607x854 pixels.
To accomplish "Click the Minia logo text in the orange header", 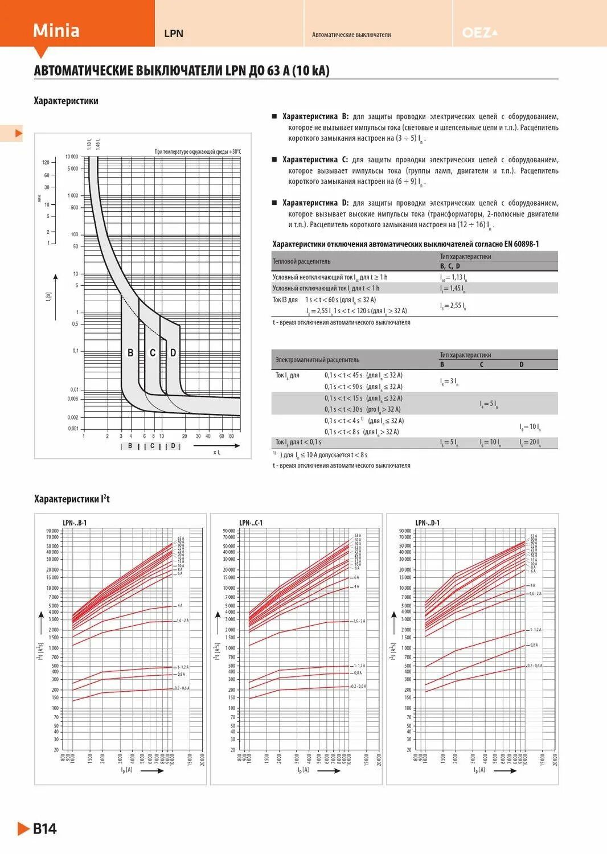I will point(56,30).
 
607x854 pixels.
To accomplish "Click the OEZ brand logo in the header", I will point(479,33).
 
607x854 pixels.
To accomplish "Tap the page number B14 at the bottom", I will point(44,828).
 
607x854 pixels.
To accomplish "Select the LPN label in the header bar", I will point(174,34).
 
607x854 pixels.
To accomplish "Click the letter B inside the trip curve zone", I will point(130,353).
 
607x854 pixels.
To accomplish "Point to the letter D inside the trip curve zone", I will point(173,353).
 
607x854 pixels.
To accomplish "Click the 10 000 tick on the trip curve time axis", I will point(72,157).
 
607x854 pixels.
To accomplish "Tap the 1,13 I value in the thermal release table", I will point(453,277).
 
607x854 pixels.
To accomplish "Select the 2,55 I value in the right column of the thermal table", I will point(453,306).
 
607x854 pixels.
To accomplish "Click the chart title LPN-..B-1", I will point(75,523).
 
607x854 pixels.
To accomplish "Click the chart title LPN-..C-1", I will point(251,523).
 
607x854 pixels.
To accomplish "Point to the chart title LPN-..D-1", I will point(427,523).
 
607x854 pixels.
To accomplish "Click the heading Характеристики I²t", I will point(72,499).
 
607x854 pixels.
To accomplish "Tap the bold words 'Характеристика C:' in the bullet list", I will point(315,160).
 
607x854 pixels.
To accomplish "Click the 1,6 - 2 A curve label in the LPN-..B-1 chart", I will point(182,621).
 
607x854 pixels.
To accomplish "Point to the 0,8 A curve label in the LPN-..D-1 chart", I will point(534,645).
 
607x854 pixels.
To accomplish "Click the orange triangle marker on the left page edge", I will point(18,133).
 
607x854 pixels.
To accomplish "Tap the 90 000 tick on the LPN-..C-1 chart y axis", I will point(228,531).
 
